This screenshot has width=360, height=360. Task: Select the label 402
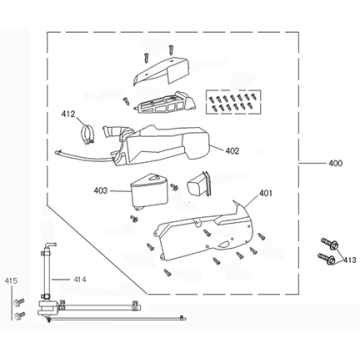pyautogui.click(x=231, y=152)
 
